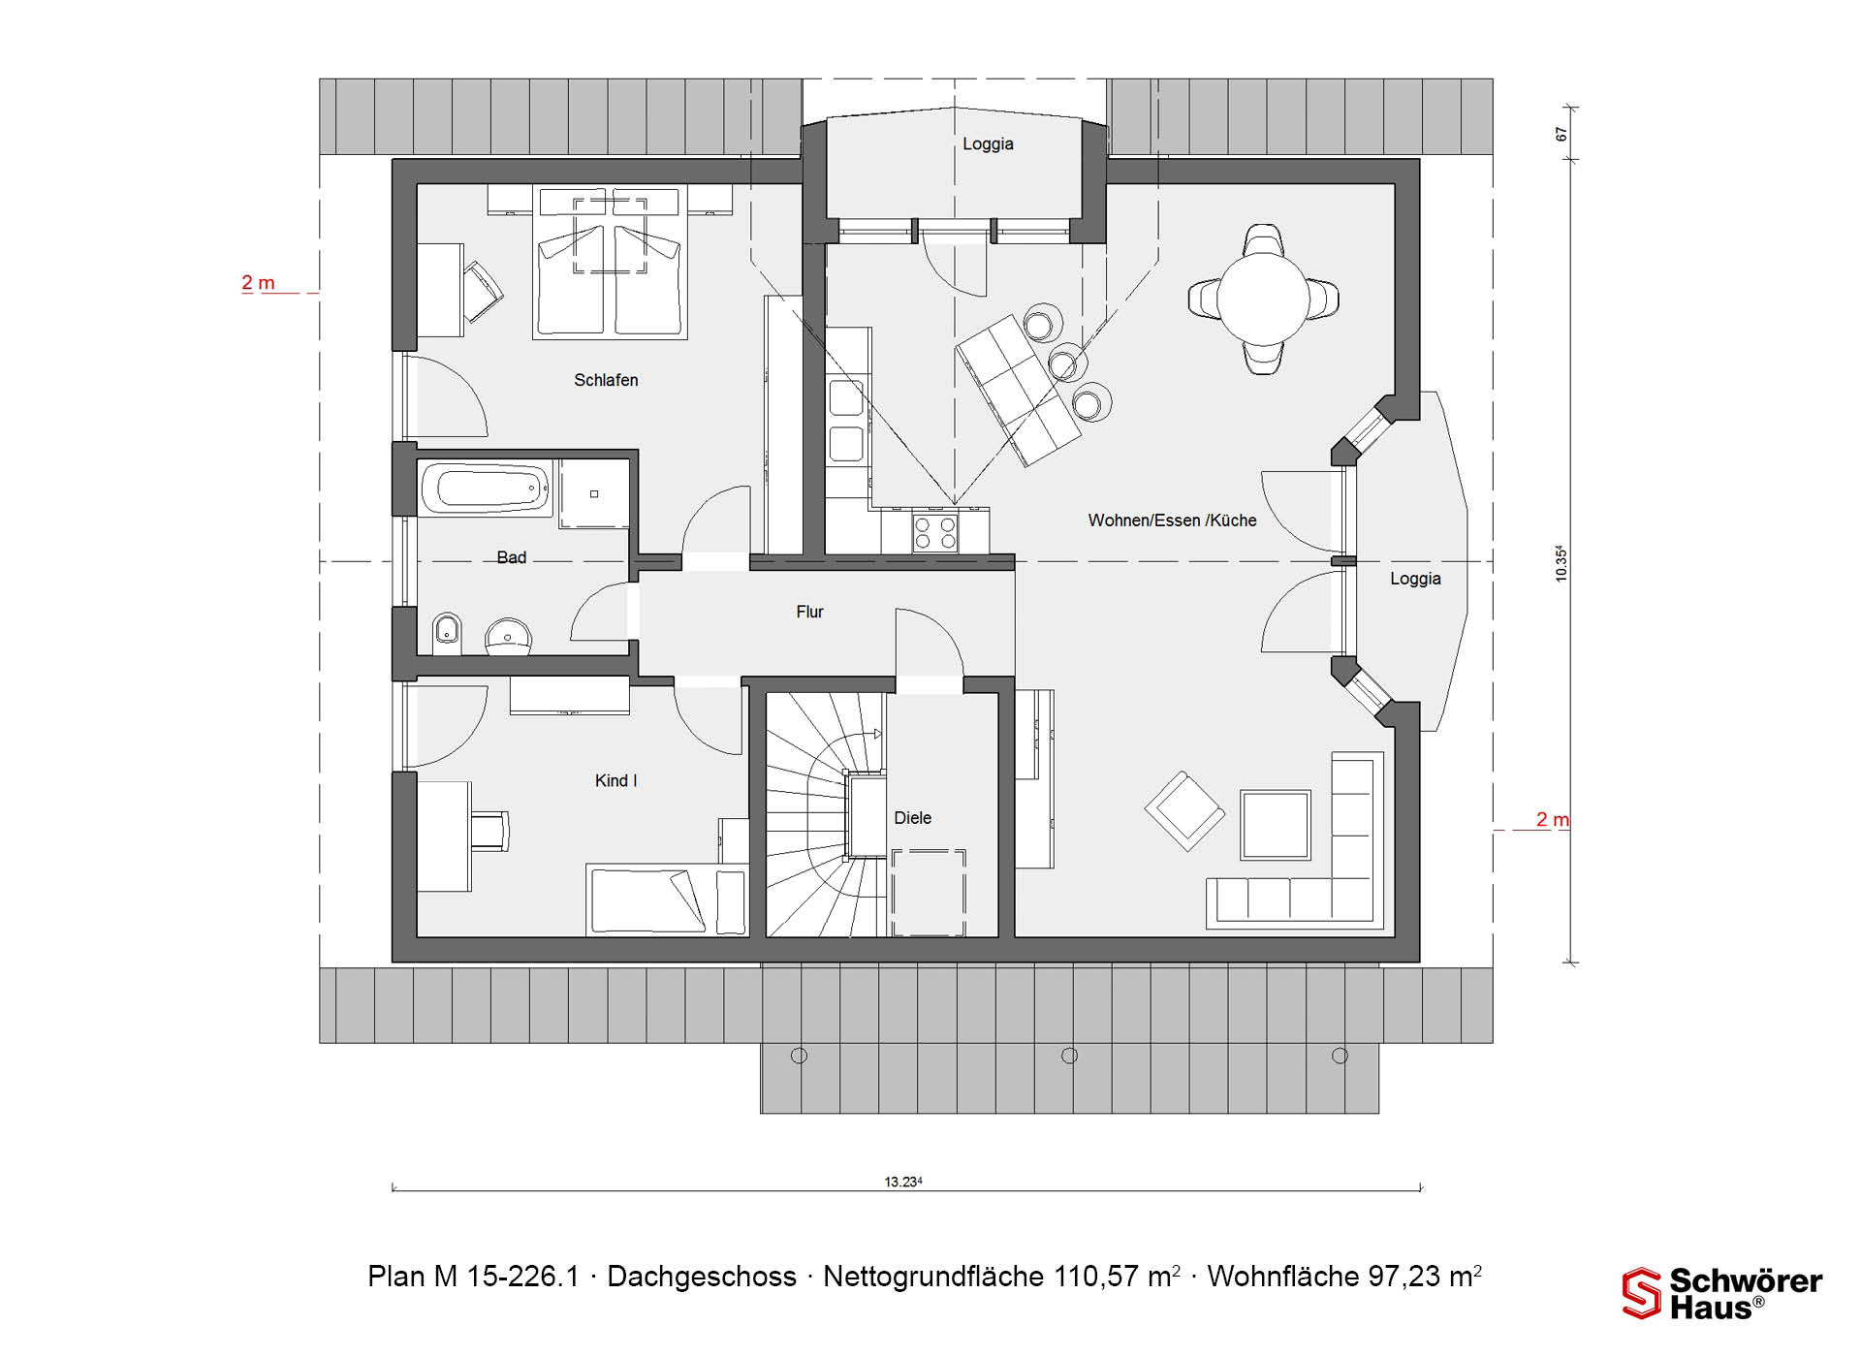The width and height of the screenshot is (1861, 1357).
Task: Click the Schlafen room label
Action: tap(606, 380)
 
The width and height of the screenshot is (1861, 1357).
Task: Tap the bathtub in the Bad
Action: tap(486, 489)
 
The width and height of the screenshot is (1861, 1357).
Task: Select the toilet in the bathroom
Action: tap(446, 632)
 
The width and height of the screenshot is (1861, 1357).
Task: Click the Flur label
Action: tap(809, 612)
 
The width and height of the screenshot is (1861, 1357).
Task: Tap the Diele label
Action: tap(912, 818)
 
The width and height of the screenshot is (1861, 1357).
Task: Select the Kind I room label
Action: tap(615, 780)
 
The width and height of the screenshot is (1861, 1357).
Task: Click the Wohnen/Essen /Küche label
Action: tap(1172, 521)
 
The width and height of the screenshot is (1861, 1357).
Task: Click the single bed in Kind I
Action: tap(667, 900)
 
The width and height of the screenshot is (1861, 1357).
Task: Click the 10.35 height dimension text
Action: tap(1561, 563)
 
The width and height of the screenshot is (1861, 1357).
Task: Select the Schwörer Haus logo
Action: tap(1722, 1293)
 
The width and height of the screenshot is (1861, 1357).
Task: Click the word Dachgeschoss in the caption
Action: tap(702, 1277)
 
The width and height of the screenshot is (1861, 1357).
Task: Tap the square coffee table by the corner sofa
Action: tap(1276, 825)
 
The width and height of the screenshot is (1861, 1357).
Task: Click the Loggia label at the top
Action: tap(988, 144)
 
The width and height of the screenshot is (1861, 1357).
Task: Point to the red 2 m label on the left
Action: tap(258, 283)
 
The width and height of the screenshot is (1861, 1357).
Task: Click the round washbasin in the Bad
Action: tap(508, 637)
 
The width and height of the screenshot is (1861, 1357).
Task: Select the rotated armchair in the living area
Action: tap(1184, 811)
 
